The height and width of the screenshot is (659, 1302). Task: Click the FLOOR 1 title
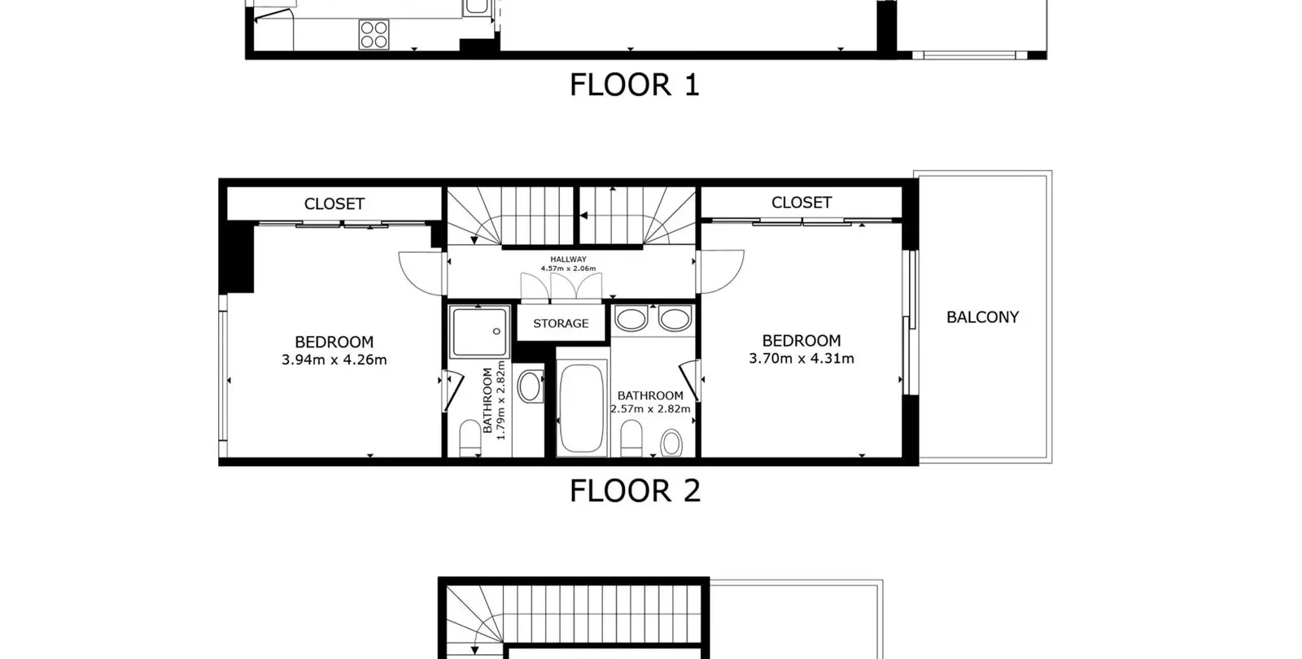pos(634,85)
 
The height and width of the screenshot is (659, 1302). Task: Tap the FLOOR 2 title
pos(635,491)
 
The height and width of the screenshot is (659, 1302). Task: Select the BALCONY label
pos(982,317)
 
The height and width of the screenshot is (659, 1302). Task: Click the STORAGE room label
pos(561,324)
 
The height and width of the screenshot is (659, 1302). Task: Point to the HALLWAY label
pos(569,260)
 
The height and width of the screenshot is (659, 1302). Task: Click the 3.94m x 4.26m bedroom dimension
pos(334,360)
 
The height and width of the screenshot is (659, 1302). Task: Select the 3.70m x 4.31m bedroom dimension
pos(802,359)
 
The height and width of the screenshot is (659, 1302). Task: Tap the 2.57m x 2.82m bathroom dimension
pos(650,408)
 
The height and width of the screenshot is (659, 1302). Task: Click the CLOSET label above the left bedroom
pos(334,204)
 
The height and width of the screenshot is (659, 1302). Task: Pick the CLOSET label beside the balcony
pos(802,203)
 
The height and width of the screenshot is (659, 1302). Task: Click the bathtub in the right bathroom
pos(582,408)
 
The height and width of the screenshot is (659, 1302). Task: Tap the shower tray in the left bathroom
pos(479,332)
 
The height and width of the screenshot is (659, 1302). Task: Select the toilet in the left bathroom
pos(470,439)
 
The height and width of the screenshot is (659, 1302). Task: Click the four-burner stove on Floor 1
pos(374,34)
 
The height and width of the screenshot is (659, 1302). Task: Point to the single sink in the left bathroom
pos(530,386)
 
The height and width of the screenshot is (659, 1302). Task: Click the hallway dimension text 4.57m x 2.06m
pos(569,268)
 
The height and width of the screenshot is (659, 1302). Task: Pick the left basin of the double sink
pos(631,319)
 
